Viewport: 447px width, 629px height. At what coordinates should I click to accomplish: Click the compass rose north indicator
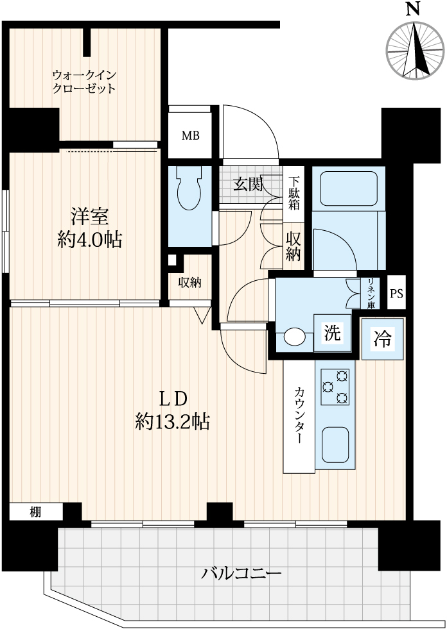[x=416, y=49]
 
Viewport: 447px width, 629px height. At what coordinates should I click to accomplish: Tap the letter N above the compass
[x=414, y=9]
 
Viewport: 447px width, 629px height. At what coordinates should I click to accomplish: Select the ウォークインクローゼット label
[x=84, y=81]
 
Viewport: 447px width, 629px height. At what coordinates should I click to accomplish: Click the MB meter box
[x=190, y=135]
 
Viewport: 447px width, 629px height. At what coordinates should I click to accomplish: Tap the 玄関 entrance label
[x=247, y=185]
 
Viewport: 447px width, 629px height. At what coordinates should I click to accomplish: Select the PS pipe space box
[x=397, y=294]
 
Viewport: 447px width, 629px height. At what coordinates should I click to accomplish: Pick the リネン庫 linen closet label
[x=372, y=295]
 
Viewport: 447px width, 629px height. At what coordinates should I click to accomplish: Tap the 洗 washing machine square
[x=332, y=333]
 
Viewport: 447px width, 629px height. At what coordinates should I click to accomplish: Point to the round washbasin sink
[x=295, y=336]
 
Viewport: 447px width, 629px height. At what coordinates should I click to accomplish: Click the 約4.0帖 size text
[x=89, y=240]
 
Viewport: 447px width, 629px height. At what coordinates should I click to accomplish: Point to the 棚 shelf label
[x=35, y=512]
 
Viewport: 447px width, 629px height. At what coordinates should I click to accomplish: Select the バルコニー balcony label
[x=241, y=573]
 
